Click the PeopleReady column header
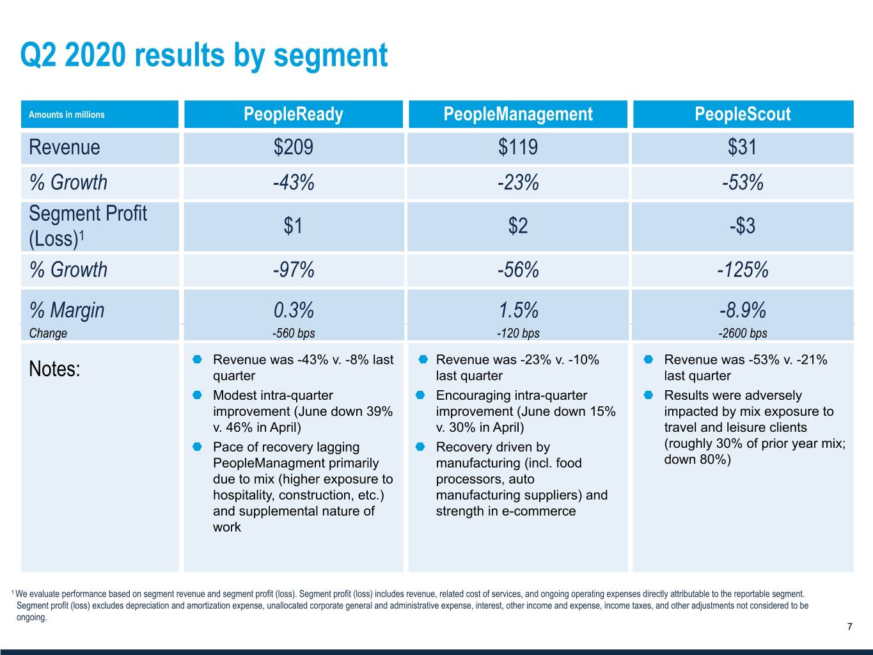point(293,114)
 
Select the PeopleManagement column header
point(518,114)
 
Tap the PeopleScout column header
point(743,114)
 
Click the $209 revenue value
point(293,146)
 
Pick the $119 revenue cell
point(518,146)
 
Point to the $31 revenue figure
point(742,146)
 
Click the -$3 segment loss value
point(742,226)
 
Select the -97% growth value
point(294,270)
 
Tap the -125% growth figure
point(743,270)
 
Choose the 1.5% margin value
point(518,310)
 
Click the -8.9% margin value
point(743,310)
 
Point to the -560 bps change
point(294,333)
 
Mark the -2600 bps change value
point(743,333)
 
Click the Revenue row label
point(65,147)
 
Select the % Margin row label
point(67,310)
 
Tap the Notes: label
point(54,368)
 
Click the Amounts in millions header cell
point(67,114)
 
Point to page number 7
point(849,627)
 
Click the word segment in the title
point(331,56)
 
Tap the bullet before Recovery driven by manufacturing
point(420,446)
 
